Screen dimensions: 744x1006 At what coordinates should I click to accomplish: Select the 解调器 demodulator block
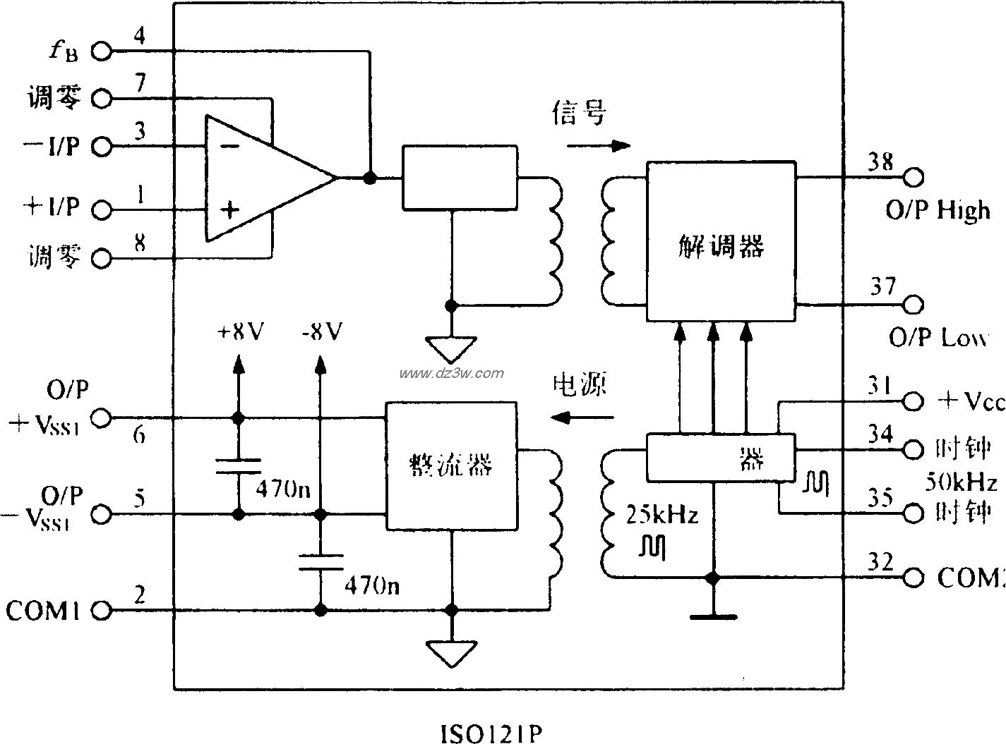pos(721,242)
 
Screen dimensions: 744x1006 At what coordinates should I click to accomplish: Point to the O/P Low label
pos(937,339)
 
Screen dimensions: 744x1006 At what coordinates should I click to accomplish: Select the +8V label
pos(240,331)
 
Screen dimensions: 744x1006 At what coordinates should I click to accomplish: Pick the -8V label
pos(321,331)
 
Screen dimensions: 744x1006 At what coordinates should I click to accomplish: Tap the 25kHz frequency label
pos(661,516)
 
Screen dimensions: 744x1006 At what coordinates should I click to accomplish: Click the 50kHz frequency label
pos(961,483)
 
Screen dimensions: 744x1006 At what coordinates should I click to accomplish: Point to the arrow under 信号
pos(599,146)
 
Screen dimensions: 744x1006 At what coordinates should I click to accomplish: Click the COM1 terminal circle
pos(102,611)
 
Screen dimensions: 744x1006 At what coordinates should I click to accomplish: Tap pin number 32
pos(880,562)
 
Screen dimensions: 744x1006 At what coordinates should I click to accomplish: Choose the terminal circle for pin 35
pos(914,513)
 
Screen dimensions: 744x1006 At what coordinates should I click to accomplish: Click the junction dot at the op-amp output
pos(369,178)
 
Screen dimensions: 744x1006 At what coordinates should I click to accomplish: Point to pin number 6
pos(140,435)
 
